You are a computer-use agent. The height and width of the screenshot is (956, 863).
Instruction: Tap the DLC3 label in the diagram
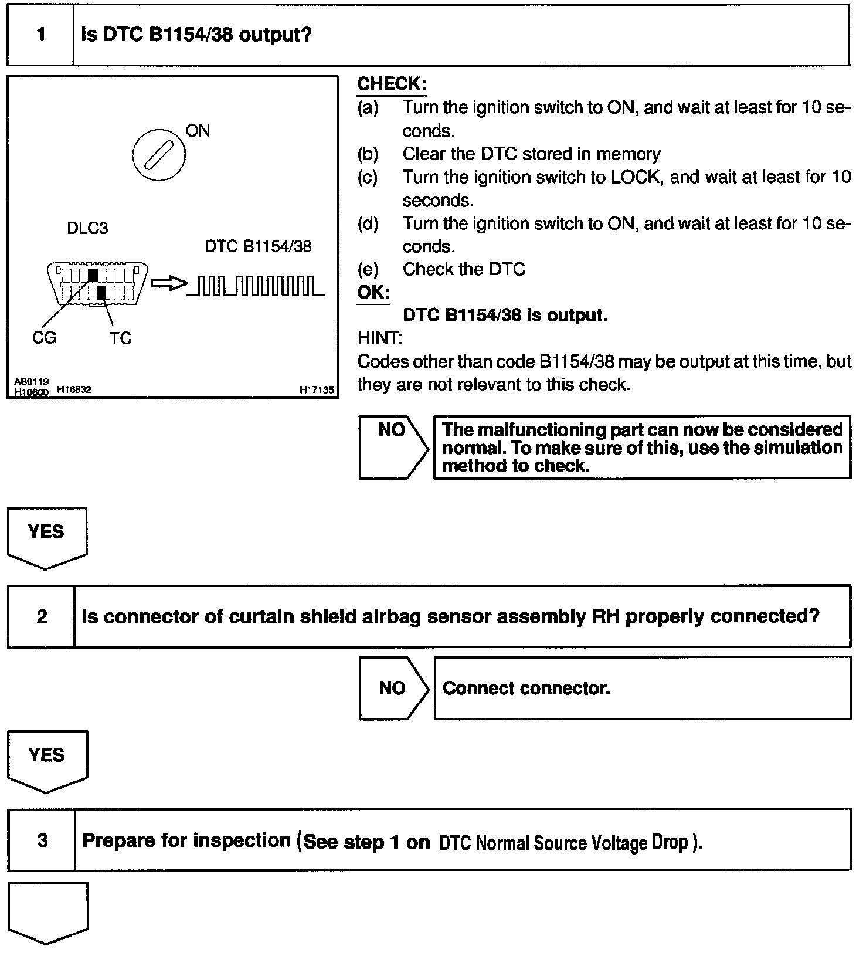click(x=87, y=228)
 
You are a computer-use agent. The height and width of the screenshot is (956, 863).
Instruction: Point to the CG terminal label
click(x=44, y=338)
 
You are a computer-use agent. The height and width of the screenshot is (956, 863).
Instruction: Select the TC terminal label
click(x=120, y=338)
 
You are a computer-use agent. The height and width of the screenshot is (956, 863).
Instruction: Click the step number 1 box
click(x=40, y=35)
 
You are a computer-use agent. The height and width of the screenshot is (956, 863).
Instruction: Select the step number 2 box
click(x=42, y=617)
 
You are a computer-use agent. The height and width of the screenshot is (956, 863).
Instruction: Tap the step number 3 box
click(x=42, y=840)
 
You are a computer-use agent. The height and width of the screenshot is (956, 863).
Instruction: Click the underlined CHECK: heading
click(x=392, y=84)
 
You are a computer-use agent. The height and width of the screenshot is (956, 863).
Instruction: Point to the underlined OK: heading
click(x=373, y=292)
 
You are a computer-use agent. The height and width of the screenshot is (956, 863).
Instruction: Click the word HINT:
click(x=379, y=338)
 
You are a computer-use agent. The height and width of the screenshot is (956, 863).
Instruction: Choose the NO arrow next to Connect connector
click(x=393, y=688)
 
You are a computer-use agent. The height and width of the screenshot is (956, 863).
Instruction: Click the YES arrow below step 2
click(x=47, y=760)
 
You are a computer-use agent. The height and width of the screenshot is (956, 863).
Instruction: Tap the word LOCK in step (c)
click(x=636, y=177)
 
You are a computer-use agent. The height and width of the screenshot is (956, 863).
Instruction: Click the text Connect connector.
click(x=526, y=688)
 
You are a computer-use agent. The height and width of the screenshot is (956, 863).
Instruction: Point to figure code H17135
click(x=317, y=389)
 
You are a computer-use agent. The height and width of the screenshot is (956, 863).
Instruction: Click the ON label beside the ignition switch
click(x=198, y=131)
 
